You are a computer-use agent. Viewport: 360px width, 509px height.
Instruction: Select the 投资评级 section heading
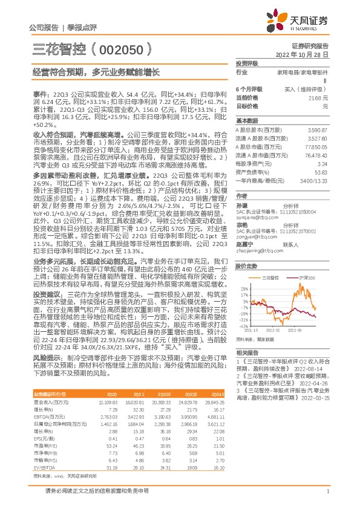[x=247, y=63]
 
